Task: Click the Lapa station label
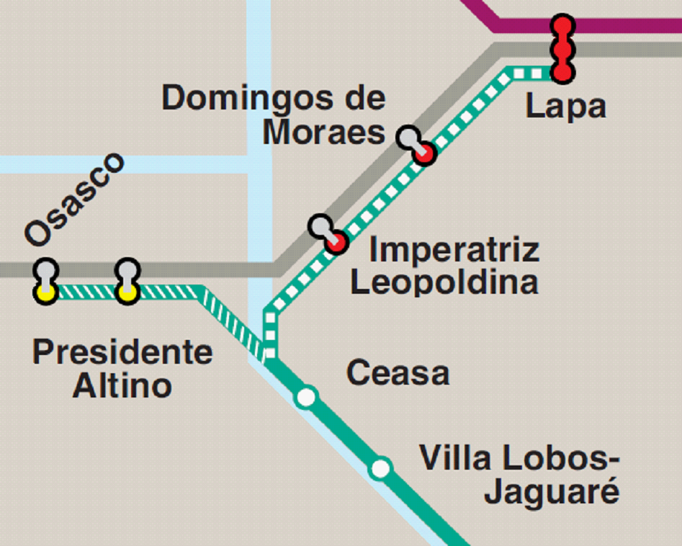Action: (x=565, y=107)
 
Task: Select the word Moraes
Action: (x=323, y=133)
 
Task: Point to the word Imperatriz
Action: (x=454, y=251)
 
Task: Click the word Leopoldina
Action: (x=444, y=282)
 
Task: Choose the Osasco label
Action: (x=74, y=199)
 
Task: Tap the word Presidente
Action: (x=122, y=353)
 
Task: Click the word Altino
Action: (x=122, y=386)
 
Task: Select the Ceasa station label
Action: (x=398, y=373)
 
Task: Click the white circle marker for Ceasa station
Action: (x=306, y=397)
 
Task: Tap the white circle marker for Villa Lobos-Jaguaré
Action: (x=380, y=469)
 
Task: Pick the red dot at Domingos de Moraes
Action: (x=426, y=153)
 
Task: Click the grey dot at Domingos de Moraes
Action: (x=408, y=136)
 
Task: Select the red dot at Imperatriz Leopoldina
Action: (x=336, y=243)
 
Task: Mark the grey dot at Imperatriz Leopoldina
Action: (x=320, y=225)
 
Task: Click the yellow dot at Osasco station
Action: (x=45, y=292)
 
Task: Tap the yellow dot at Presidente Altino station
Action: (x=127, y=292)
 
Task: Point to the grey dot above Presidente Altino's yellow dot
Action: (x=127, y=270)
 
